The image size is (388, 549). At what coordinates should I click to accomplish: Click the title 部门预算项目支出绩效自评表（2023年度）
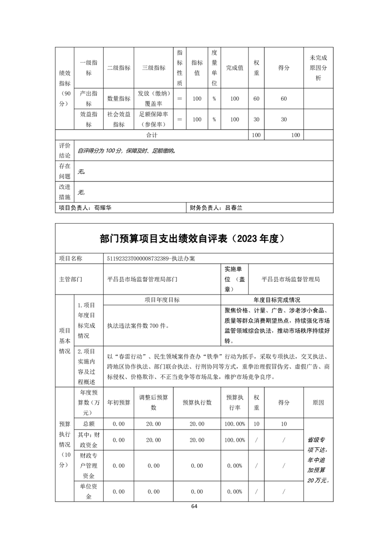194,239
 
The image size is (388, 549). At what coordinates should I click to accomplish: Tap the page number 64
194,506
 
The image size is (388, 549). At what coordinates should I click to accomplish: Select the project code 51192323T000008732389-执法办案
151,258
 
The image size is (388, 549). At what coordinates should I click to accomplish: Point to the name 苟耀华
103,208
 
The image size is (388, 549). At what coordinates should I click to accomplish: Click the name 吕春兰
234,208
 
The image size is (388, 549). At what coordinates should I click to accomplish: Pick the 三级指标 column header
154,68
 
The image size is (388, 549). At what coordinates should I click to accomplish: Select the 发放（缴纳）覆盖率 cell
154,98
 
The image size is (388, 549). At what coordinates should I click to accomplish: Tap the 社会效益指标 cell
119,119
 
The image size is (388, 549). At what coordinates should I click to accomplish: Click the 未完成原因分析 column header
319,68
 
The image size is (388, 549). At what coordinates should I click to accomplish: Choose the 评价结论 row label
65,150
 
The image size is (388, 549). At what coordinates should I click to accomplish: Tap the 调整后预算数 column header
154,402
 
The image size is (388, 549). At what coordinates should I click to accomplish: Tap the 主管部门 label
71,279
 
